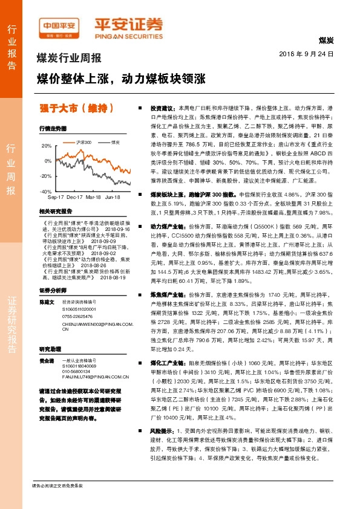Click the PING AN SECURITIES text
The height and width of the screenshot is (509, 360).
128,35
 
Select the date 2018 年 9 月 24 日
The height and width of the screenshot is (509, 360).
307,54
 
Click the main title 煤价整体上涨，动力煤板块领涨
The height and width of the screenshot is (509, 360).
122,79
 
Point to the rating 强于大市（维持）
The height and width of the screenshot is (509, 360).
76,109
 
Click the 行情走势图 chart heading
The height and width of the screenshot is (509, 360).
52,129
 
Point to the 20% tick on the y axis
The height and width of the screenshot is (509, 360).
47,146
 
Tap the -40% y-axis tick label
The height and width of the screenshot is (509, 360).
45,191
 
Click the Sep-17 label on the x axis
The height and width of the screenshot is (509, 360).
56,198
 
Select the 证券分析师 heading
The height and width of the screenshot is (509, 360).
51,290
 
